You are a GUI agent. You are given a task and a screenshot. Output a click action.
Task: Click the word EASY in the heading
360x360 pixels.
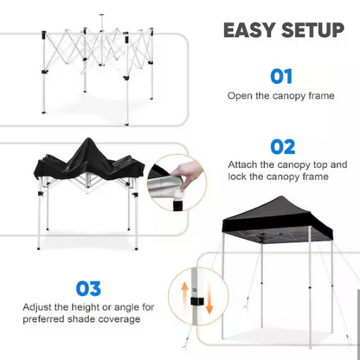[249, 29]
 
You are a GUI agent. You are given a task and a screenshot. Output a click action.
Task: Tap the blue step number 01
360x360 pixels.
[281, 76]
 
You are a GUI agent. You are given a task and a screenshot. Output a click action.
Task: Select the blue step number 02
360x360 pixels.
[283, 147]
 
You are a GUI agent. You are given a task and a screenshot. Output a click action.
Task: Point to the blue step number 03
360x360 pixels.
[88, 288]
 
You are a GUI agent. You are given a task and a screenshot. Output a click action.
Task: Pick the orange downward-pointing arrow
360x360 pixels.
[209, 300]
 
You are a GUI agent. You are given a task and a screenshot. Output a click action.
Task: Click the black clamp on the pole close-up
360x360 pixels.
[197, 301]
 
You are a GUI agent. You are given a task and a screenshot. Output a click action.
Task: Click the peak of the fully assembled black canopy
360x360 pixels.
[281, 196]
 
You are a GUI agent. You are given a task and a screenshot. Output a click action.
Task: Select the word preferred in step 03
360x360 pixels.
[44, 319]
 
